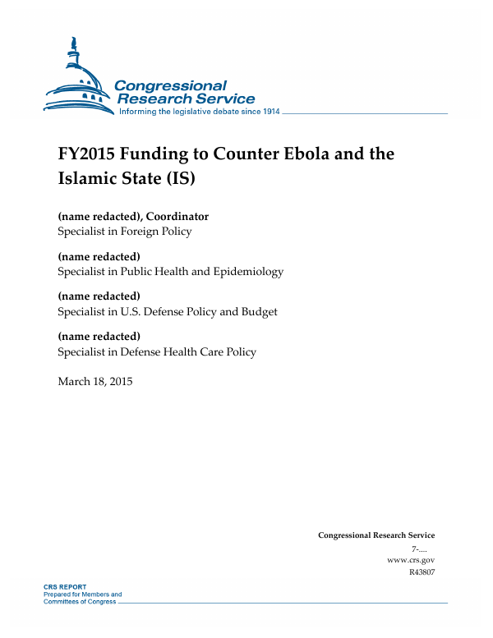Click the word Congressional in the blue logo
169,85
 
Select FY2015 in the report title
89,154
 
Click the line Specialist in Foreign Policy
124,231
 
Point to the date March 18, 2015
94,381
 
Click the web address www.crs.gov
410,560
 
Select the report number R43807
421,572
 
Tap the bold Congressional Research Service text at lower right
376,535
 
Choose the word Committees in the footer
62,601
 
